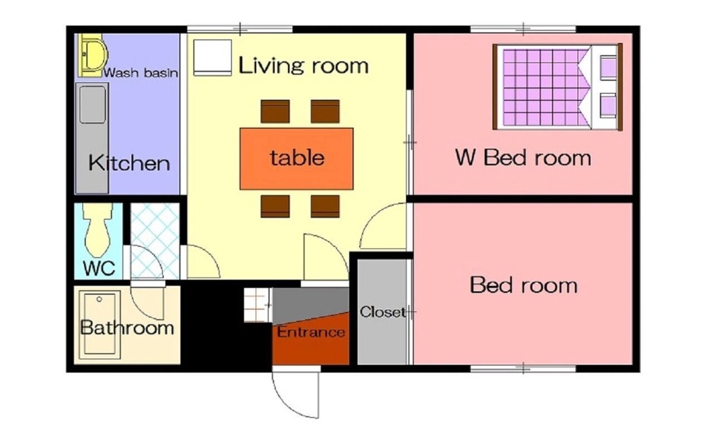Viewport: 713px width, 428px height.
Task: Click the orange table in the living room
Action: click(x=296, y=159)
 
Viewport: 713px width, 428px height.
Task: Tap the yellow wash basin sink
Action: click(x=92, y=55)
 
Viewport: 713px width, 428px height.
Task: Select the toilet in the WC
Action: click(x=97, y=229)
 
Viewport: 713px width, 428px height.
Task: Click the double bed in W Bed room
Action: click(x=557, y=87)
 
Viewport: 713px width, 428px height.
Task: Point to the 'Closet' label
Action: click(x=383, y=312)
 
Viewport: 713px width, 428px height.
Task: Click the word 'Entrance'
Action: click(x=311, y=332)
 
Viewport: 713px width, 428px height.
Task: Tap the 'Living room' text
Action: click(x=304, y=65)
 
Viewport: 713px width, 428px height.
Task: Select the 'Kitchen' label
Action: click(x=130, y=163)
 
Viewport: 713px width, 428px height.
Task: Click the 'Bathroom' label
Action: click(x=127, y=327)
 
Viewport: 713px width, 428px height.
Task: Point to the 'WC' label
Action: click(x=99, y=268)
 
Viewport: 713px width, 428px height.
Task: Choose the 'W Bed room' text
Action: click(x=523, y=158)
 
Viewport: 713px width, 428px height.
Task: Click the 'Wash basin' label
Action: click(x=141, y=73)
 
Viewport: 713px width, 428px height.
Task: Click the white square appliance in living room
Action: click(x=212, y=58)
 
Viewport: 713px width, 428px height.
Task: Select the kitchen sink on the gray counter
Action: click(x=92, y=105)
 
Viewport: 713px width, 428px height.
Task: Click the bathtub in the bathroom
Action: click(x=100, y=324)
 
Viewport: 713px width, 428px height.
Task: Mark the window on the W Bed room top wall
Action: click(x=523, y=30)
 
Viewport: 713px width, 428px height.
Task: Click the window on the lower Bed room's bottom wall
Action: click(x=523, y=369)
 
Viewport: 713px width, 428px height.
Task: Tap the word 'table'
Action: click(x=297, y=158)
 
